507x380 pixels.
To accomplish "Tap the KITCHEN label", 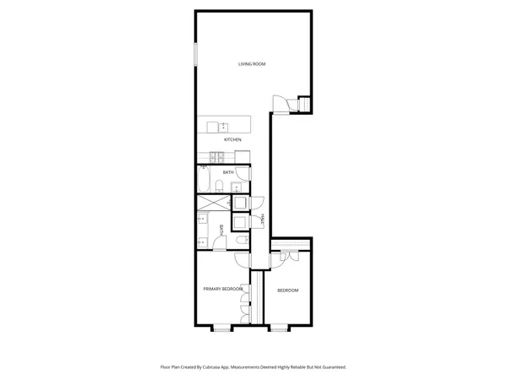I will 232,139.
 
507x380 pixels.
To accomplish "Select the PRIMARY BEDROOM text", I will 223,289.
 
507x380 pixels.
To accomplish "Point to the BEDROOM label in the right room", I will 288,290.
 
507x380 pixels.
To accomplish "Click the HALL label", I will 264,220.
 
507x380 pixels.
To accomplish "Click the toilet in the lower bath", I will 241,242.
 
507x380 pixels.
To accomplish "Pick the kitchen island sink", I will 212,127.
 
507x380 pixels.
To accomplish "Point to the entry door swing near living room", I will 279,103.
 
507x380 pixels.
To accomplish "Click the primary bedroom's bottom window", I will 221,328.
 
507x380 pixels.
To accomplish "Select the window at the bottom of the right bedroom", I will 279,328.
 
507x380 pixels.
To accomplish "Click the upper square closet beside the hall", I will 239,203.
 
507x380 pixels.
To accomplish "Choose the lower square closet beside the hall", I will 239,222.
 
